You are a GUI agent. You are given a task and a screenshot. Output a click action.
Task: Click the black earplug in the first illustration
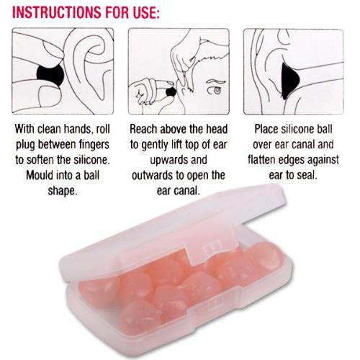pos(50,74)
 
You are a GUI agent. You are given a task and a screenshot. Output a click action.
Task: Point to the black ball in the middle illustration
pos(171,91)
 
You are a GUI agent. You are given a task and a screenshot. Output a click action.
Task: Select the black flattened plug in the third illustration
pos(290,81)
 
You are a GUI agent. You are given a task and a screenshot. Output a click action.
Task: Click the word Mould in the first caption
pos(40,175)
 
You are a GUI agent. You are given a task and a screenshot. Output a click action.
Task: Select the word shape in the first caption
pos(63,192)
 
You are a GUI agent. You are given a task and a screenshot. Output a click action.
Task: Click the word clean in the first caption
pos(49,129)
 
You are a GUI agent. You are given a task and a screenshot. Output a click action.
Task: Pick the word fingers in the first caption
pos(94,145)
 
